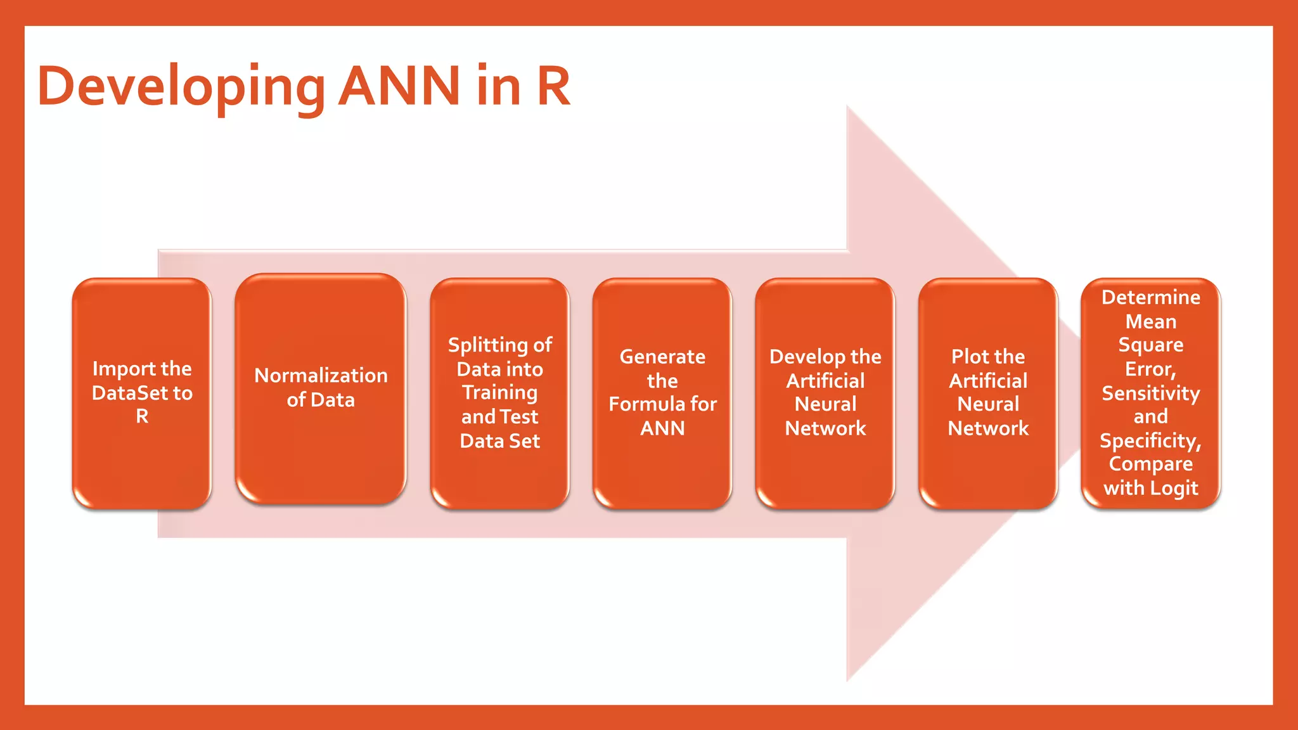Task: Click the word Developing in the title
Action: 181,87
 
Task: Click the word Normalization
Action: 321,375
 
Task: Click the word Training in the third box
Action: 499,393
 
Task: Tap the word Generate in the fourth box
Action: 662,357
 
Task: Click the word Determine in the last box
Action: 1150,297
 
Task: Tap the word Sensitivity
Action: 1150,394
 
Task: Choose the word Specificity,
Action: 1150,440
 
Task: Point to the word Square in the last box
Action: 1150,345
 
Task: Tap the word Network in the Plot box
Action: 987,428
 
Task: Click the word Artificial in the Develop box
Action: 825,381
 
